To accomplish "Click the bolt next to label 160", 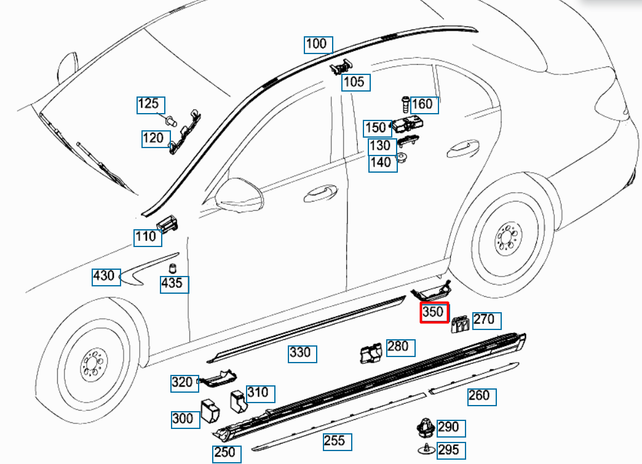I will click(x=405, y=101).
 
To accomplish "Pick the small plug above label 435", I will click(x=173, y=268).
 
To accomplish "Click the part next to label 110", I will click(x=168, y=224).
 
